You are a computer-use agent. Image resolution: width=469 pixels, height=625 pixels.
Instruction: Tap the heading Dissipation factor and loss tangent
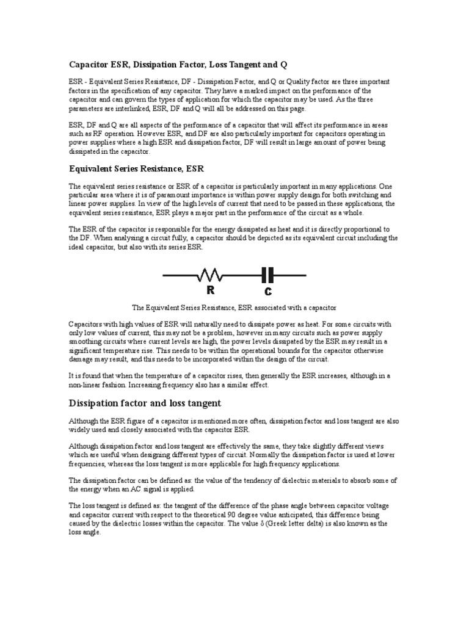[x=145, y=403]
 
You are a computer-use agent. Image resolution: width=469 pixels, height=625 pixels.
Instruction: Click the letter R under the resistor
[x=209, y=291]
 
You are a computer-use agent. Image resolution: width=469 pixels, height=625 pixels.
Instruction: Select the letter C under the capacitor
[x=268, y=291]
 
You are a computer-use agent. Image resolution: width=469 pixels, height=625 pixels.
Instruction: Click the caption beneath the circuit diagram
[x=234, y=309]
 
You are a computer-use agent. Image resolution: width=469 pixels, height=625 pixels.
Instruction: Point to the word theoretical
[x=209, y=515]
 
